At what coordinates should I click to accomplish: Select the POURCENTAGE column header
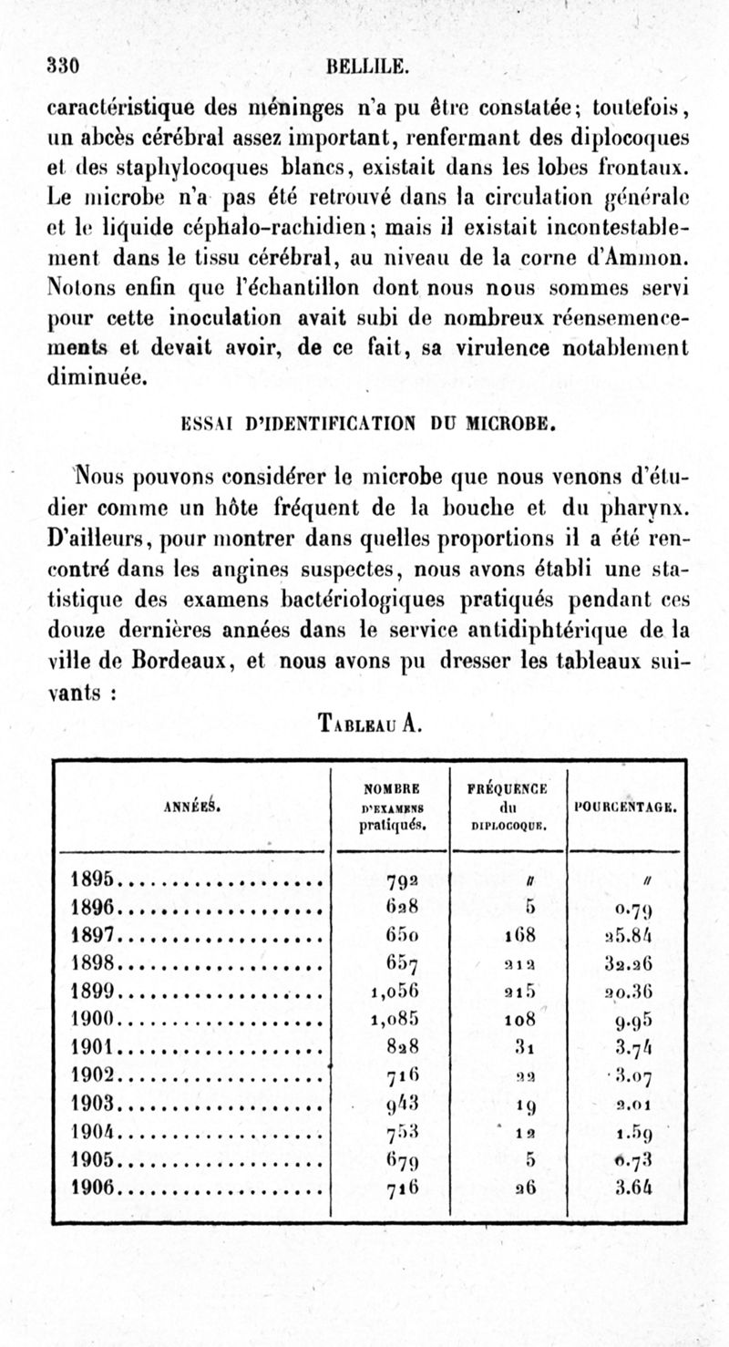point(625,806)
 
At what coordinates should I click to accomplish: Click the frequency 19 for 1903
point(508,1109)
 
